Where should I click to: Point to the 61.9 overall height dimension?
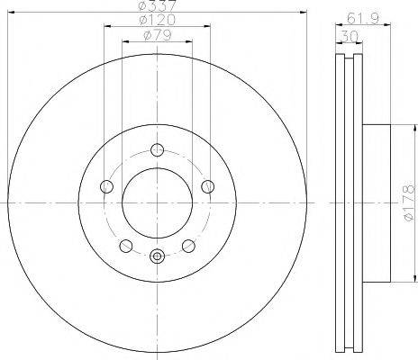tap(359, 17)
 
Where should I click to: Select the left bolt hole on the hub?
tap(106, 186)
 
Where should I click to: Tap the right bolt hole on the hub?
tap(208, 186)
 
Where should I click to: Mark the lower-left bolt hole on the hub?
tap(126, 245)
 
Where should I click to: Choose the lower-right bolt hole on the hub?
tap(188, 245)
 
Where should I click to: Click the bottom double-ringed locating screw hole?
tap(157, 256)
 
